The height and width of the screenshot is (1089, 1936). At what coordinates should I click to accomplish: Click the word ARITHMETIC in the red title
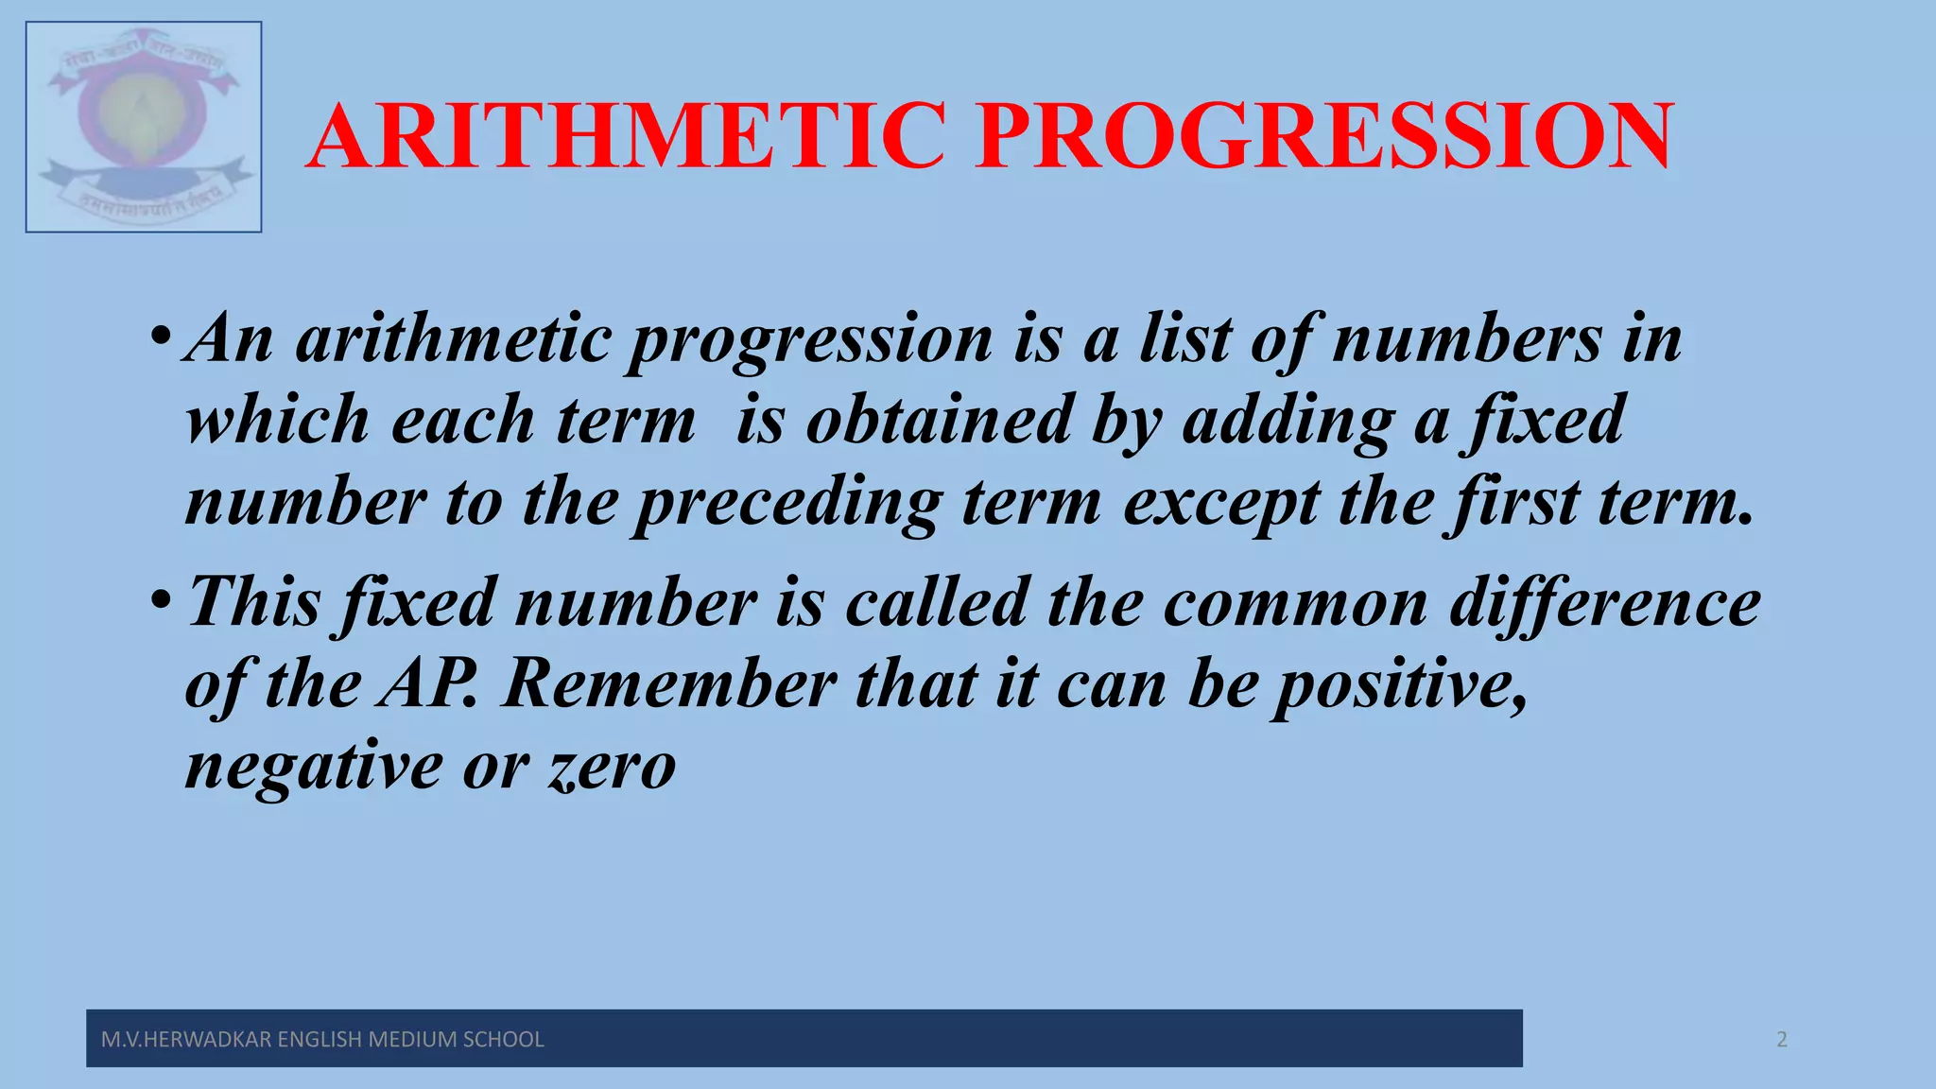tap(626, 137)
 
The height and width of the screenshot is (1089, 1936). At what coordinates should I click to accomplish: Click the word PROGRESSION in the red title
tap(1325, 137)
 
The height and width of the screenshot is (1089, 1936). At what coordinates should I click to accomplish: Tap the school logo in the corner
tap(144, 127)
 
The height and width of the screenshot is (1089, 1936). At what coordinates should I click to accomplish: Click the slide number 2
tap(1782, 1040)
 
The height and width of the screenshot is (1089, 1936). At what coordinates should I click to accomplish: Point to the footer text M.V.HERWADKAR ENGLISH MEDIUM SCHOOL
tap(322, 1040)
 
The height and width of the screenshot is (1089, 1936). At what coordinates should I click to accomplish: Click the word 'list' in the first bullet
tap(1184, 339)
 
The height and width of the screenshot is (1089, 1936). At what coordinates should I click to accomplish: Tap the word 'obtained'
tap(938, 421)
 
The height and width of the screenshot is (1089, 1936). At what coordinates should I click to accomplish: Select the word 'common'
tap(1294, 603)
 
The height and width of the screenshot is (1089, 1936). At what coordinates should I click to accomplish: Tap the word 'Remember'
tap(669, 684)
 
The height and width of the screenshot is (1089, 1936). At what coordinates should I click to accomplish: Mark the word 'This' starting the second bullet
tap(255, 603)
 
